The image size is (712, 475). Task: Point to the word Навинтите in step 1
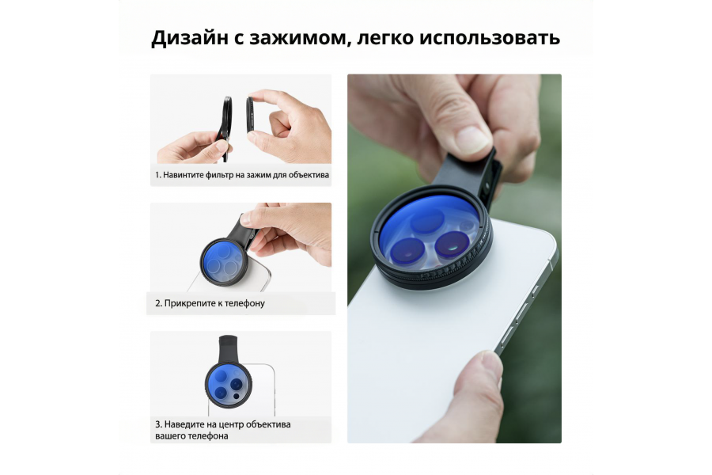[x=184, y=174]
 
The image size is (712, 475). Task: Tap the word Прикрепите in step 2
[x=187, y=302]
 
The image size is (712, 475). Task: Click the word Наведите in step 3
[x=184, y=424]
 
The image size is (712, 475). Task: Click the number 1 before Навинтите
[x=157, y=174]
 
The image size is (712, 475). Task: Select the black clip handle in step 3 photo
[x=225, y=348]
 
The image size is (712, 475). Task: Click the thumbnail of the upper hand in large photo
[x=473, y=139]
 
